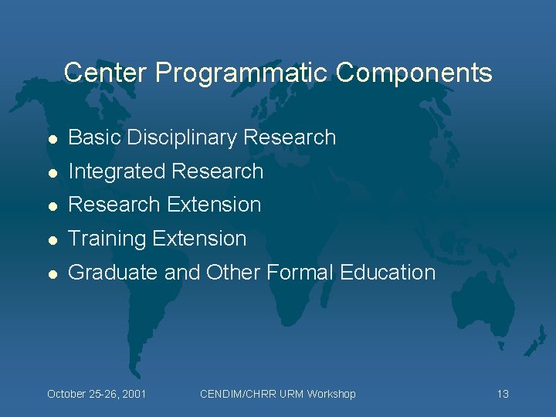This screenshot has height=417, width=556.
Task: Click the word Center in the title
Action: (106, 73)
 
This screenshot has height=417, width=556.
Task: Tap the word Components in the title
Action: (414, 73)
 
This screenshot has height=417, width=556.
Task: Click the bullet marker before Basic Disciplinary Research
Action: (52, 138)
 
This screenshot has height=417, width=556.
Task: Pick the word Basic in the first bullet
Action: (93, 137)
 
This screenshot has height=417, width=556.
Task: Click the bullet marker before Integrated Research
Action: (52, 172)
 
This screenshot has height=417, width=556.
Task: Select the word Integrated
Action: (117, 171)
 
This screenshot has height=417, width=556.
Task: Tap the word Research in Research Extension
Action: (114, 205)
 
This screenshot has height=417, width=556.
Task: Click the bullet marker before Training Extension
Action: (52, 239)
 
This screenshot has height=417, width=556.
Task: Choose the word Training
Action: (107, 239)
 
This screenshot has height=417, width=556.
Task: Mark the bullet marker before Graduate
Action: (52, 273)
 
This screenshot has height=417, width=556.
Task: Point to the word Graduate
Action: (111, 273)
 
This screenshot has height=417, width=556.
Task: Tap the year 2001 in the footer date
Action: (132, 395)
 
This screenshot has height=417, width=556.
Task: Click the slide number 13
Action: (503, 395)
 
